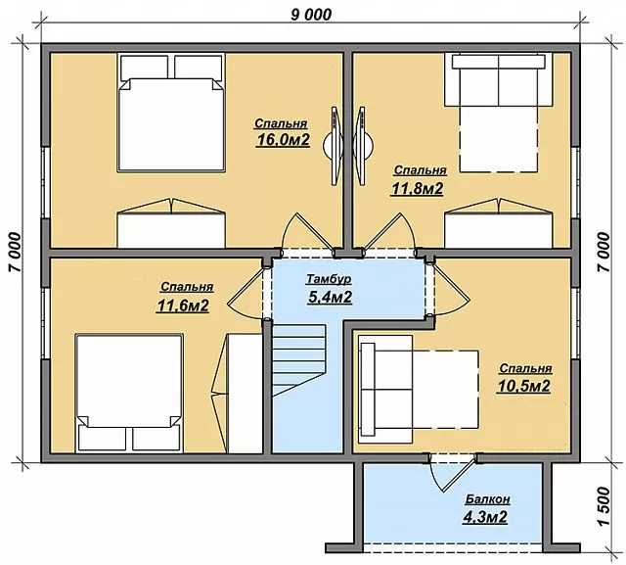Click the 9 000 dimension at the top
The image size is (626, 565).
click(311, 15)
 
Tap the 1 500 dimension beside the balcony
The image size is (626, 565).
click(604, 506)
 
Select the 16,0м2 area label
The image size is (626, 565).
click(283, 140)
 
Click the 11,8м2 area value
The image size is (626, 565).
click(417, 189)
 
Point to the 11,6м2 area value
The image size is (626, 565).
click(183, 306)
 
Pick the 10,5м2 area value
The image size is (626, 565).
click(524, 386)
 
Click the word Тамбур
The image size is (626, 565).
click(329, 279)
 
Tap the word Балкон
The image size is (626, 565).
click(487, 499)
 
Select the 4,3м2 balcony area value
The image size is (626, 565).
click(485, 517)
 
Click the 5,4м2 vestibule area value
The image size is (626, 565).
click(330, 297)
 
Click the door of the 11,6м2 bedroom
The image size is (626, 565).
click(246, 291)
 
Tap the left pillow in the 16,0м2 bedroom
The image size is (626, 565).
click(144, 68)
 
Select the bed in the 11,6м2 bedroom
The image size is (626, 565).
click(130, 394)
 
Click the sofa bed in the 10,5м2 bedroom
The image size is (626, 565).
click(419, 389)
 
